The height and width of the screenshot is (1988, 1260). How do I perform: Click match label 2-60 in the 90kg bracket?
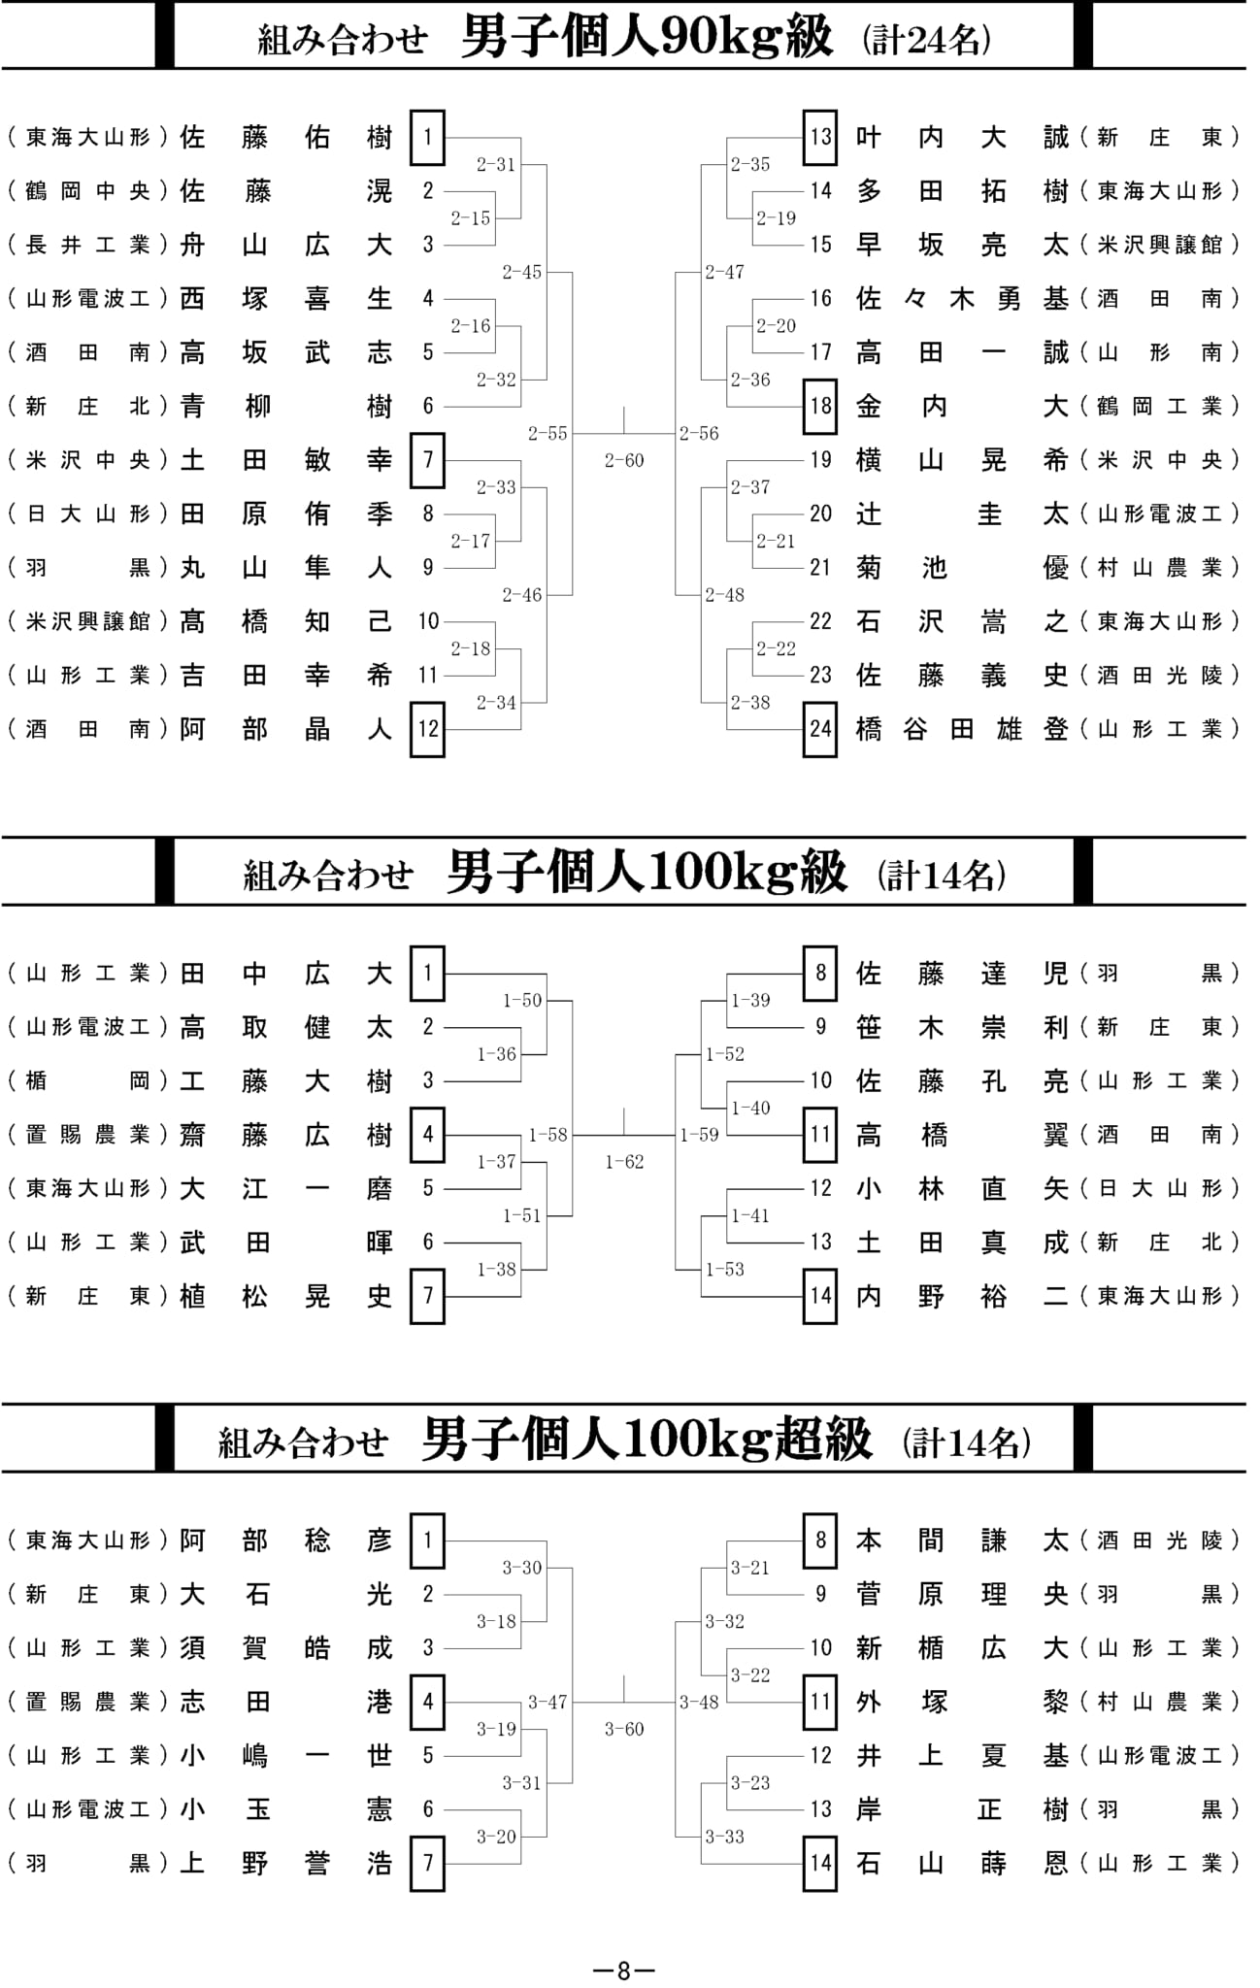tap(623, 460)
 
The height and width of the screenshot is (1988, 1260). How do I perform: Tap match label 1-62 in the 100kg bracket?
tap(623, 1161)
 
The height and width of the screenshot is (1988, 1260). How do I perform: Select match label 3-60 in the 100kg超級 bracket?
tap(623, 1729)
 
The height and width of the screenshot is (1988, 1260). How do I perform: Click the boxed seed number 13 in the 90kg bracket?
tap(820, 137)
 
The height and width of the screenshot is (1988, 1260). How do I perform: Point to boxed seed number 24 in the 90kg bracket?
tap(820, 729)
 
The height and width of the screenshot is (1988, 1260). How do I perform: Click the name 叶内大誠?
tap(962, 138)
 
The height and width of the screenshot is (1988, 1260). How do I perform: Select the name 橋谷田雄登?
tap(962, 729)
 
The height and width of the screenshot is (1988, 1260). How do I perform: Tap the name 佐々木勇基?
tap(962, 299)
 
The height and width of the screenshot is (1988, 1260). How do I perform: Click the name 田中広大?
tap(286, 974)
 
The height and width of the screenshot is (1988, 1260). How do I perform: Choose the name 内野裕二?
tap(962, 1297)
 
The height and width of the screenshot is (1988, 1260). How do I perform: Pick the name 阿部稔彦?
tap(286, 1541)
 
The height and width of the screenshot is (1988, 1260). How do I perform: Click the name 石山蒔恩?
tap(962, 1863)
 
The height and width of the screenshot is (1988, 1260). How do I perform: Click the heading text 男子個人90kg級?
tap(647, 37)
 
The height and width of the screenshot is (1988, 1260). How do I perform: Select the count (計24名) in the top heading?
tap(927, 40)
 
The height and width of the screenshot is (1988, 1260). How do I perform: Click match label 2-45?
tap(521, 272)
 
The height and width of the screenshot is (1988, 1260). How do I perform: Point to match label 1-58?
tap(547, 1135)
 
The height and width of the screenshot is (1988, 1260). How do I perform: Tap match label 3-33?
tap(724, 1837)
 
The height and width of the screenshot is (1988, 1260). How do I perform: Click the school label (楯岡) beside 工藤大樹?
tap(88, 1081)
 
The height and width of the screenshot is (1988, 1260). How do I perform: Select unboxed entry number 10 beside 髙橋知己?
tap(428, 621)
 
